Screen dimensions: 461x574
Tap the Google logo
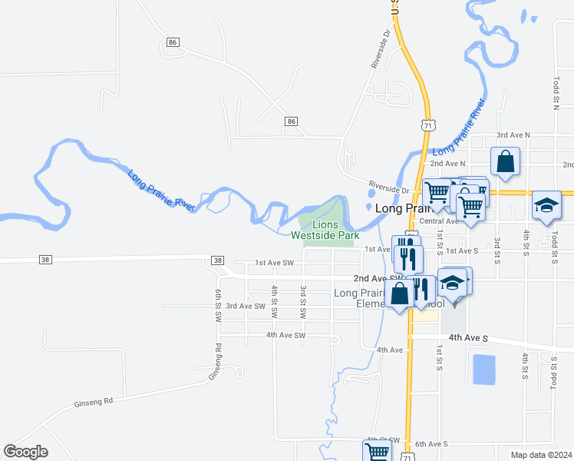tap(25, 452)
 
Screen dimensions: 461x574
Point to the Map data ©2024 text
tap(541, 455)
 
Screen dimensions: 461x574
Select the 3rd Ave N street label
tap(513, 134)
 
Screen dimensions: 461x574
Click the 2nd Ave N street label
tap(447, 164)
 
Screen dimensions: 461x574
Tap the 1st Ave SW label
tap(274, 263)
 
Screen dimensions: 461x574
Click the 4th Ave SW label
tap(285, 335)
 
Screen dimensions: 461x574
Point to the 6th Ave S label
tap(430, 444)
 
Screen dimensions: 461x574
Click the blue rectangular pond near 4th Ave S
tap(484, 370)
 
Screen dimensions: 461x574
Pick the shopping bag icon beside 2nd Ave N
tap(505, 161)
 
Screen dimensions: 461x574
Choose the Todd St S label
tap(553, 371)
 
